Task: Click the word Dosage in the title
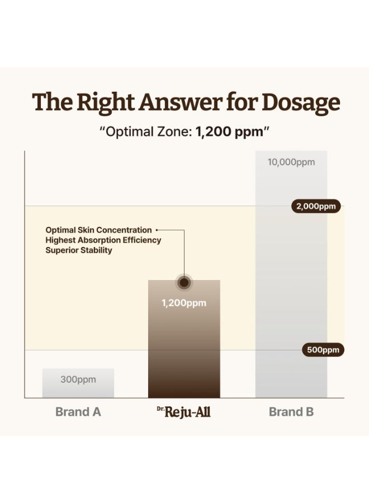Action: [x=301, y=103]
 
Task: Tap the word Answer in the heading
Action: [x=181, y=102]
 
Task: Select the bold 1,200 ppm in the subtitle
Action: [x=229, y=132]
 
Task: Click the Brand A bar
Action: [x=78, y=383]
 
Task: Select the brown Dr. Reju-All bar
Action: [x=184, y=339]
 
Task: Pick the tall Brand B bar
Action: [x=291, y=274]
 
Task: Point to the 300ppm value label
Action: [x=78, y=379]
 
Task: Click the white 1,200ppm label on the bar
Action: [x=184, y=303]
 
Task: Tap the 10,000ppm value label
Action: [x=291, y=162]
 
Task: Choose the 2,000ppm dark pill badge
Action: [x=316, y=206]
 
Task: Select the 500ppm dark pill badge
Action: [x=323, y=350]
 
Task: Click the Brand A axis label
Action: [x=78, y=412]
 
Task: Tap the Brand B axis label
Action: [x=291, y=412]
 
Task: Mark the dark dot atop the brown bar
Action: [x=184, y=283]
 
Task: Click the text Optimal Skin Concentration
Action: [x=98, y=230]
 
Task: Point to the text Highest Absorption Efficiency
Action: [x=103, y=240]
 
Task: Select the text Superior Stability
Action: [x=79, y=250]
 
